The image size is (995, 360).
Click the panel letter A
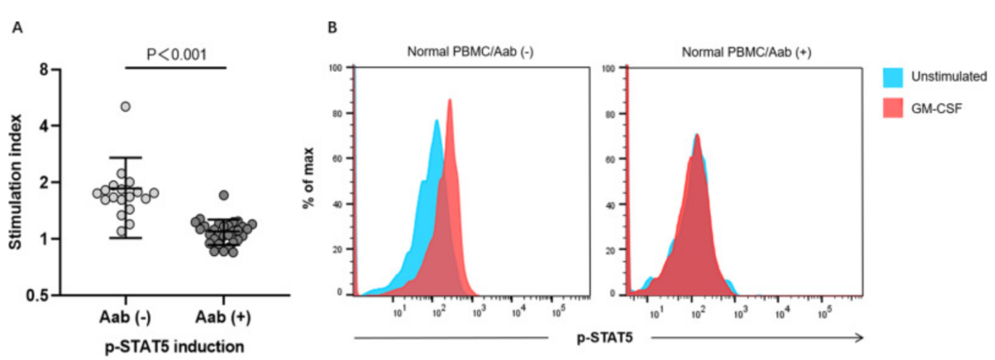coord(17,27)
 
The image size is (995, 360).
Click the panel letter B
coord(332,27)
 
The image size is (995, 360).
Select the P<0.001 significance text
coord(176,55)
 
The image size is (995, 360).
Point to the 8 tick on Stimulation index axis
coord(44,69)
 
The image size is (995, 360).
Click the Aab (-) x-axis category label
coord(125,317)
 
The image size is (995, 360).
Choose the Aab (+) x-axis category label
coord(223,317)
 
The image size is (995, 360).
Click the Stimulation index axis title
coord(15,182)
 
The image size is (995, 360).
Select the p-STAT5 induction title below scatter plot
coord(174,346)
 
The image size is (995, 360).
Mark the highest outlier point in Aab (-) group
coord(126,107)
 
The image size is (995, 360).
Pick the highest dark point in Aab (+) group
coord(223,195)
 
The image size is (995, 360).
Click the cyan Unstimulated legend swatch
coord(893,76)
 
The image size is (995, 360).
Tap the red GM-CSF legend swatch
coord(893,108)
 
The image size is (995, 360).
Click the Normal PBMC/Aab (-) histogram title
coord(470,52)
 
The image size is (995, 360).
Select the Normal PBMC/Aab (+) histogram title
coord(746,52)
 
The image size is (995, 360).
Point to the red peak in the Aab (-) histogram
coord(449,101)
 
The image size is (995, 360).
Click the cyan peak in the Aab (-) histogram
coord(437,121)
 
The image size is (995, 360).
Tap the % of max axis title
coord(309,178)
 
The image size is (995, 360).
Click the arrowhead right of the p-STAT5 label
coord(859,338)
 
